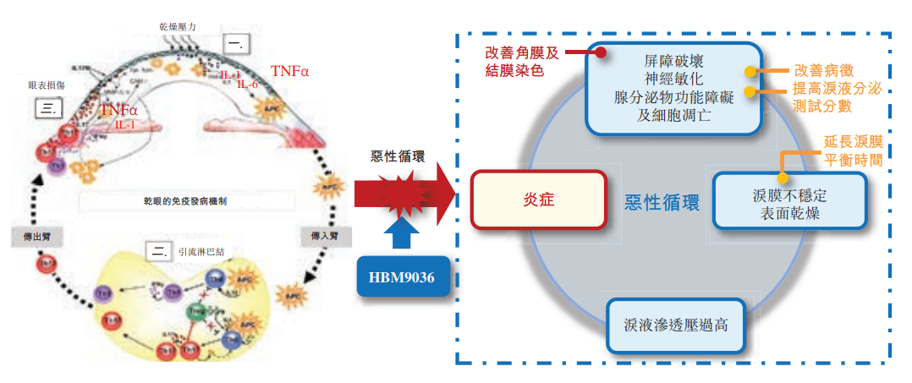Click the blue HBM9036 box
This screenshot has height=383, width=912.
pyautogui.click(x=401, y=276)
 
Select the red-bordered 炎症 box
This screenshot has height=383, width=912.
pyautogui.click(x=540, y=200)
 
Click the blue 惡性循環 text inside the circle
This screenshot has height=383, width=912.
pyautogui.click(x=662, y=203)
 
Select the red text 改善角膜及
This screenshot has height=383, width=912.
pyautogui.click(x=522, y=52)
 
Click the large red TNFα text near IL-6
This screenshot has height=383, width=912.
pyautogui.click(x=290, y=70)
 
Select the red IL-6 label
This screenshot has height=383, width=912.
pyautogui.click(x=248, y=85)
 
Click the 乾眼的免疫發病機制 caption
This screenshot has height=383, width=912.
pyautogui.click(x=179, y=201)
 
